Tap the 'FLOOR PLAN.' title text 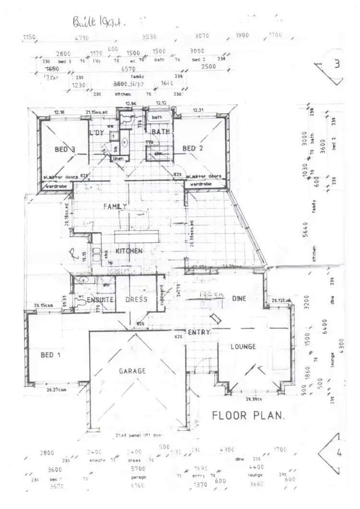pos(248,415)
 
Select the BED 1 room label pos(47,355)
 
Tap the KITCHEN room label pos(128,251)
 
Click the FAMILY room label pos(115,206)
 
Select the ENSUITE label pos(100,300)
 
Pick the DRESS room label pos(137,300)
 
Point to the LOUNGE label pos(243,347)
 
